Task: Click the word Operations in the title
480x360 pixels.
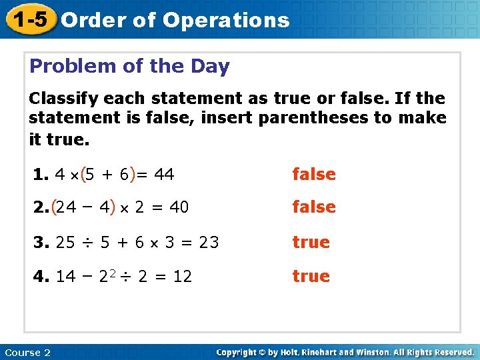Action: pyautogui.click(x=226, y=20)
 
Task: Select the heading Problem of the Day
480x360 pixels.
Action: pyautogui.click(x=129, y=67)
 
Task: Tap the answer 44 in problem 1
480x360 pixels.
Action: pyautogui.click(x=164, y=175)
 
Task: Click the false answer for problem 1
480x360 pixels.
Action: pyautogui.click(x=314, y=175)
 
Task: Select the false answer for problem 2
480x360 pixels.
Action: pyautogui.click(x=314, y=207)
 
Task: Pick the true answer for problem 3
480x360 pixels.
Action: pyautogui.click(x=311, y=242)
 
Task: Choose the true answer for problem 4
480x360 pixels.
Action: pyautogui.click(x=311, y=276)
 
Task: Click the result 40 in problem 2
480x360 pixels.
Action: pyautogui.click(x=179, y=208)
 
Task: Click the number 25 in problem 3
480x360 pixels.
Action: pyautogui.click(x=65, y=243)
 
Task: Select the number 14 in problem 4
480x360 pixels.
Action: pyautogui.click(x=65, y=277)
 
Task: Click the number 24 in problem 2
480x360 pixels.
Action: pyautogui.click(x=65, y=208)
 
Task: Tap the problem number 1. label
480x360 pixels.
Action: pyautogui.click(x=41, y=175)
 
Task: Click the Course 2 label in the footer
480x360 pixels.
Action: pyautogui.click(x=27, y=353)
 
